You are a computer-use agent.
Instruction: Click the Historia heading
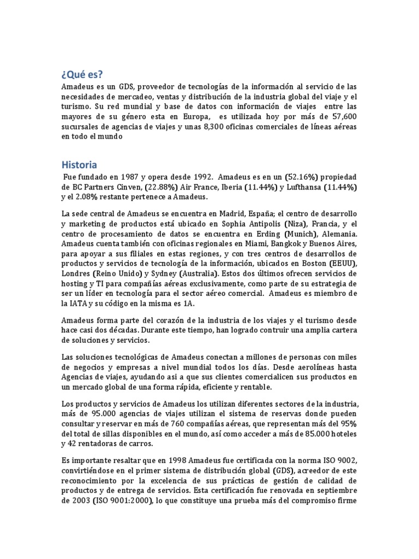pos(79,164)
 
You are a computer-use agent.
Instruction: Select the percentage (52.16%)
pos(302,177)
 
